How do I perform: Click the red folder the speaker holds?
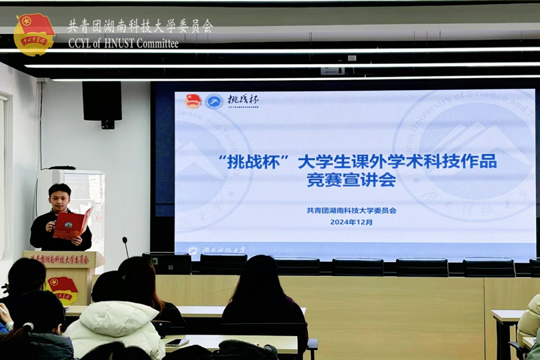72,223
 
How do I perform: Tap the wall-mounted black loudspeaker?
102,102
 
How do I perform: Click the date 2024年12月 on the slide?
351,222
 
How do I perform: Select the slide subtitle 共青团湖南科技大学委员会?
351,211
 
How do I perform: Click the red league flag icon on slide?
193,101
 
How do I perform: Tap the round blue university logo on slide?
214,101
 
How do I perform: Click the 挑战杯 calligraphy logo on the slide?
243,100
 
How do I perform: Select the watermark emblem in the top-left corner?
35,34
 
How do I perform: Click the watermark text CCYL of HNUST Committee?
123,43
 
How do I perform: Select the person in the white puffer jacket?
115,327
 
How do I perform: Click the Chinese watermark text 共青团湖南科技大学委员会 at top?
140,26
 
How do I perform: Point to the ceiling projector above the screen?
332,70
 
